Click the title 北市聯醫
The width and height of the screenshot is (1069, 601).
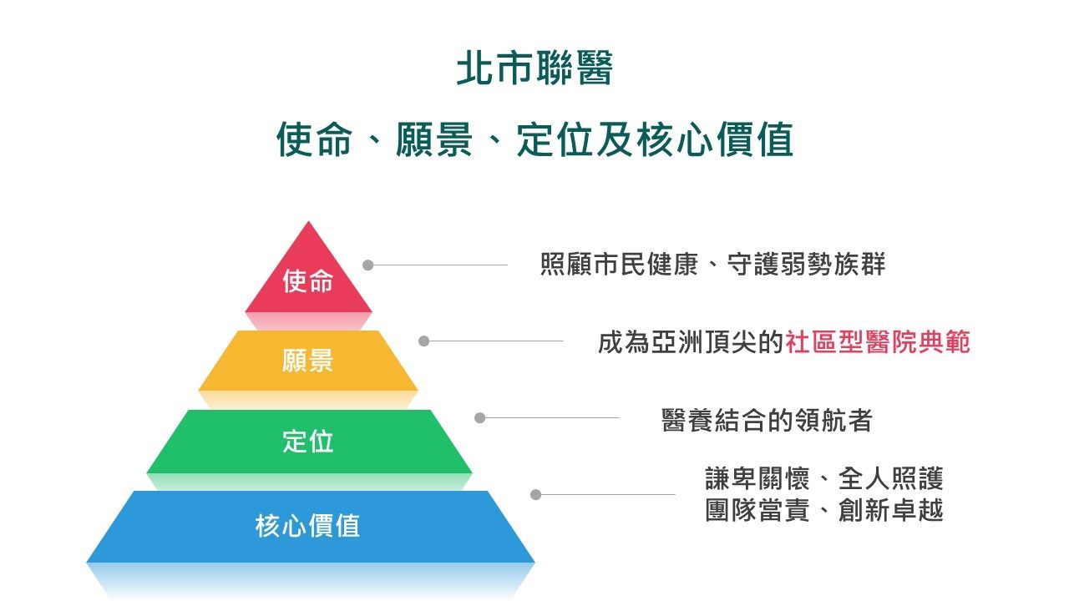[x=534, y=68]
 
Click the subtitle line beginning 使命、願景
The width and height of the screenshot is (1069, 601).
[x=535, y=139]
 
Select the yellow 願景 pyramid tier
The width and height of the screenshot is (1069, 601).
[x=308, y=361]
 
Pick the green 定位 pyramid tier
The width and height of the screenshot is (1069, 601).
[x=309, y=442]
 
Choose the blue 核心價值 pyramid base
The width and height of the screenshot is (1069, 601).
[x=310, y=527]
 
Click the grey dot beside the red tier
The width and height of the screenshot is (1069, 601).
[x=368, y=265]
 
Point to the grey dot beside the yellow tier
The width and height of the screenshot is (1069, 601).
[x=423, y=341]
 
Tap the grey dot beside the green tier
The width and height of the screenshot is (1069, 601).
[x=479, y=418]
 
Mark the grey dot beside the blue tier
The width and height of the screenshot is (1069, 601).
[x=535, y=495]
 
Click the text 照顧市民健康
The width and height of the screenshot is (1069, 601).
[x=619, y=265]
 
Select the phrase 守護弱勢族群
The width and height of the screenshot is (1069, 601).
[x=807, y=265]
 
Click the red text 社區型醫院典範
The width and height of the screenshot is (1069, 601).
[x=878, y=342]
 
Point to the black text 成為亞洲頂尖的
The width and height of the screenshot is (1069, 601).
[x=691, y=342]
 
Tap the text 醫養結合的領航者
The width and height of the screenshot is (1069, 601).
[x=767, y=420]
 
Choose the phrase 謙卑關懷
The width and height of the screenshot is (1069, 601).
[x=757, y=478]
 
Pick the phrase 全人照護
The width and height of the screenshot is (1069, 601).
[x=890, y=478]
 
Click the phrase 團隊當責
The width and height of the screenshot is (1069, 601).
[x=757, y=510]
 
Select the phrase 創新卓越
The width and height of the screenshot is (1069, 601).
[x=890, y=510]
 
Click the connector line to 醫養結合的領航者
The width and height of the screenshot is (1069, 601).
[x=552, y=418]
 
